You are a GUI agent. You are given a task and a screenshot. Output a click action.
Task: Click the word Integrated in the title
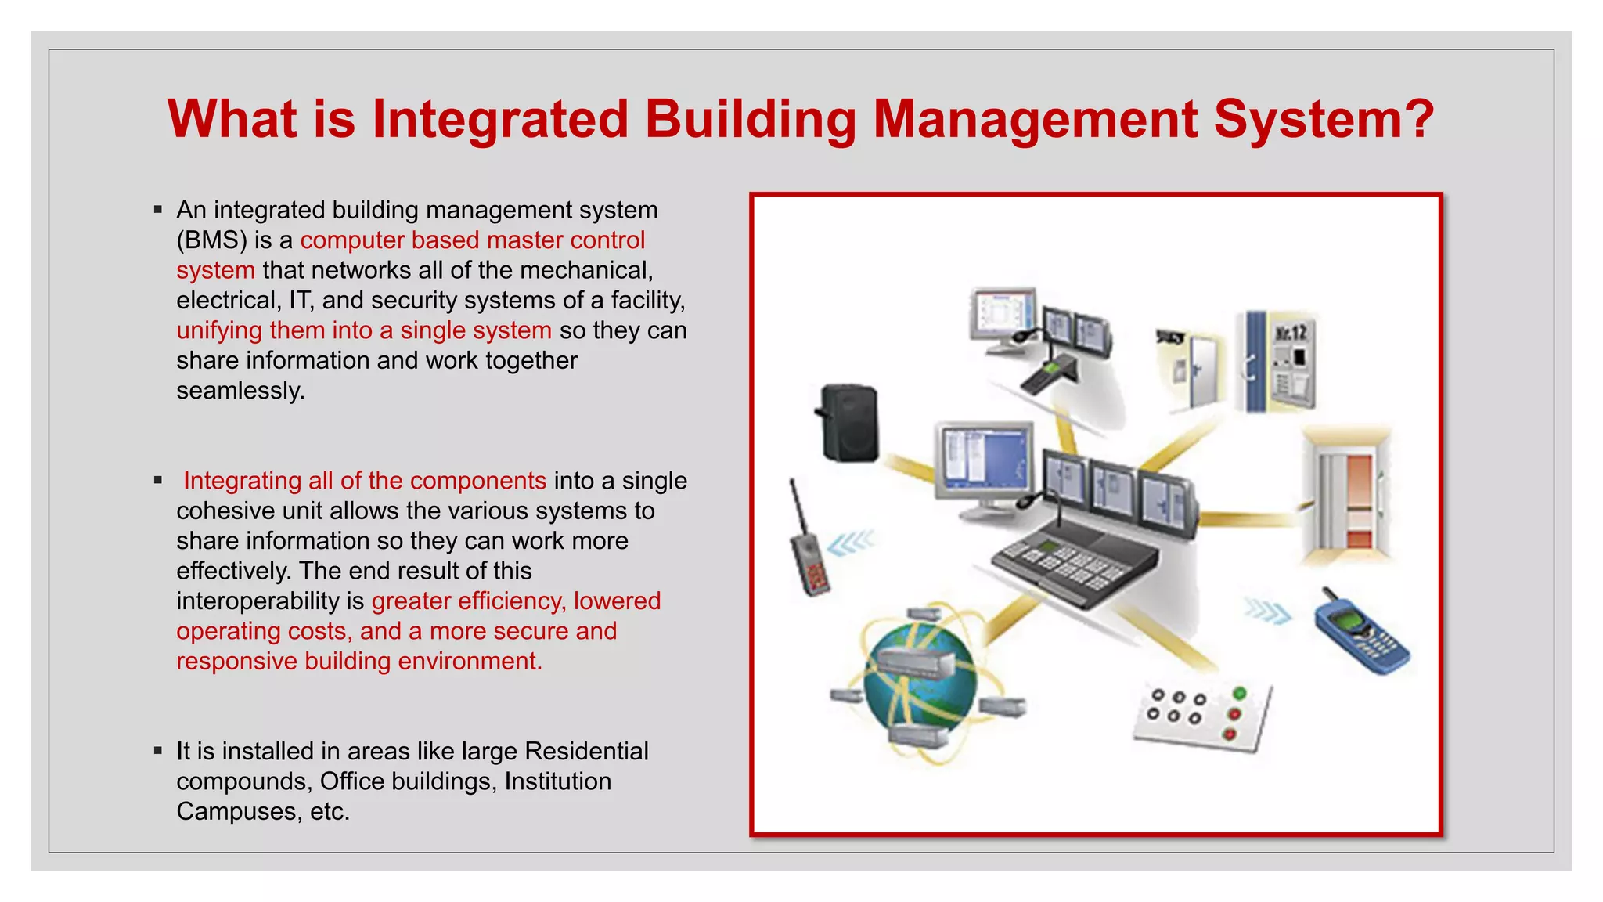tap(499, 119)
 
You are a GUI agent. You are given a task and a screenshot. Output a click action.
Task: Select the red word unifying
tap(219, 330)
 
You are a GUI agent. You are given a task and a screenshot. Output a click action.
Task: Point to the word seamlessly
tap(240, 391)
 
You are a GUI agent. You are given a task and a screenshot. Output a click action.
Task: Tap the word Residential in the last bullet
tap(586, 752)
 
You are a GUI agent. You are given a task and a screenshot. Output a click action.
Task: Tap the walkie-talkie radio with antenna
tap(808, 548)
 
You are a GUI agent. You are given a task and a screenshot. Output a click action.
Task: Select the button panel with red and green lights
tap(1201, 716)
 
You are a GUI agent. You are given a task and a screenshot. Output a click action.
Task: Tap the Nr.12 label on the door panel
tap(1291, 333)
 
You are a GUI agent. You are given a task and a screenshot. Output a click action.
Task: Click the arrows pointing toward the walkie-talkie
tap(851, 543)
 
